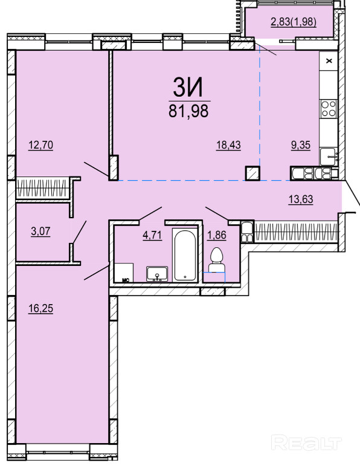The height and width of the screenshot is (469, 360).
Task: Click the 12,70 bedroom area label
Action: (40, 146)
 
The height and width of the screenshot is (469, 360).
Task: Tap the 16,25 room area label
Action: (40, 308)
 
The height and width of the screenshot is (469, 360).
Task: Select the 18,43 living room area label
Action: (228, 146)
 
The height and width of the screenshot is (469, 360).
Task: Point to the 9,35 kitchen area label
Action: (301, 146)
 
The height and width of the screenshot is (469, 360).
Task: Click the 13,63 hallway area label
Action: (301, 199)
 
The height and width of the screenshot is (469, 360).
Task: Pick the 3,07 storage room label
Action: (40, 231)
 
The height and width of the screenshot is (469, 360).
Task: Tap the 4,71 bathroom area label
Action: (152, 235)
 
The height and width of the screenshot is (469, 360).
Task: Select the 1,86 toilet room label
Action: (217, 235)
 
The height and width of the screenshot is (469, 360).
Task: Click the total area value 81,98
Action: (188, 111)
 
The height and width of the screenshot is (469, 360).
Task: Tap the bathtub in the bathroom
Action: (185, 254)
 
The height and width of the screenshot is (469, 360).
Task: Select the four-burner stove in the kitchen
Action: (329, 108)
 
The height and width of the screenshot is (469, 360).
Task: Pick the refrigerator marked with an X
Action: (329, 61)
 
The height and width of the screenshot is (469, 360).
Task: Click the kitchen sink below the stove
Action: (329, 157)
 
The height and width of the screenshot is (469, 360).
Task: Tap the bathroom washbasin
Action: (157, 274)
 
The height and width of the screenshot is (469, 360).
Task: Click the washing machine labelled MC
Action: (124, 273)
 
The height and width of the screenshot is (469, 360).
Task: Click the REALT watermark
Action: (306, 443)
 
